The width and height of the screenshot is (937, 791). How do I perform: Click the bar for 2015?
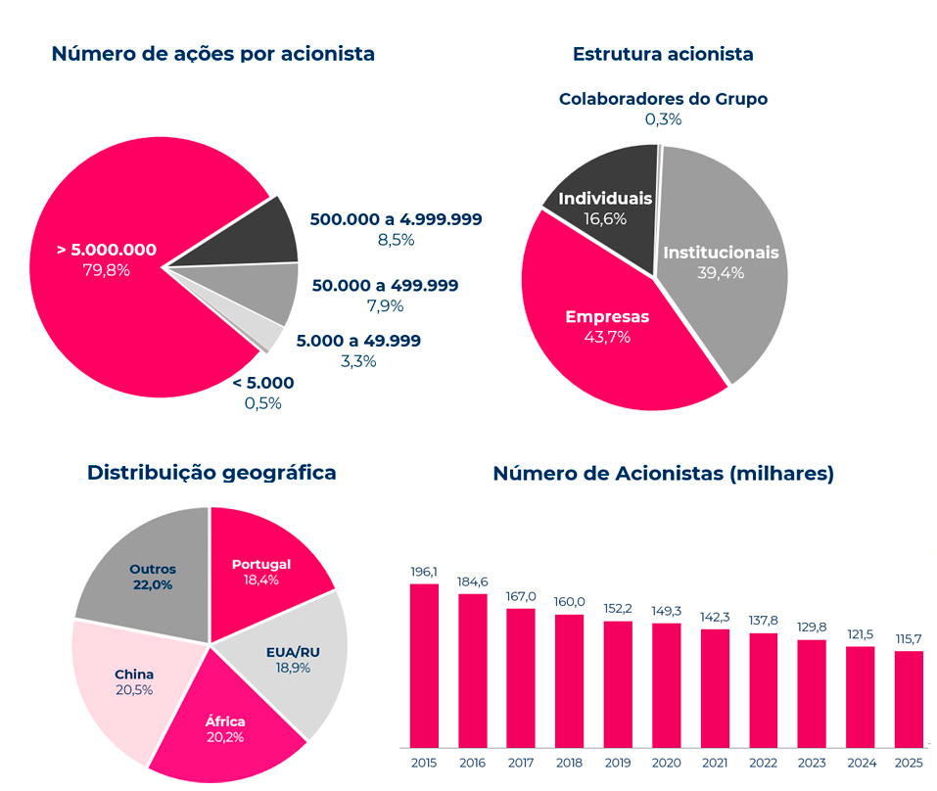pyautogui.click(x=424, y=666)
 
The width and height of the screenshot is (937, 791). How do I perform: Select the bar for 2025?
pyautogui.click(x=909, y=699)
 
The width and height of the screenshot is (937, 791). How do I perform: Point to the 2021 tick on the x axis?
pyautogui.click(x=715, y=762)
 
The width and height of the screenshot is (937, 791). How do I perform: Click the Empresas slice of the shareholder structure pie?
pyautogui.click(x=607, y=328)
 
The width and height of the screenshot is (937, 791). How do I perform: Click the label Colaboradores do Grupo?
pyautogui.click(x=663, y=99)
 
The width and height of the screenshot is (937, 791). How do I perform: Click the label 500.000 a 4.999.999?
pyautogui.click(x=396, y=219)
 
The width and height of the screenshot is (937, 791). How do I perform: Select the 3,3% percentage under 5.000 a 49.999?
pyautogui.click(x=358, y=361)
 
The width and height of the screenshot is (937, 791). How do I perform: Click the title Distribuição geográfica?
pyautogui.click(x=211, y=473)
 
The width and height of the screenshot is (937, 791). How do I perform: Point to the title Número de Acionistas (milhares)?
pyautogui.click(x=663, y=474)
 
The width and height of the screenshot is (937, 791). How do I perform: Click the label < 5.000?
pyautogui.click(x=262, y=383)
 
